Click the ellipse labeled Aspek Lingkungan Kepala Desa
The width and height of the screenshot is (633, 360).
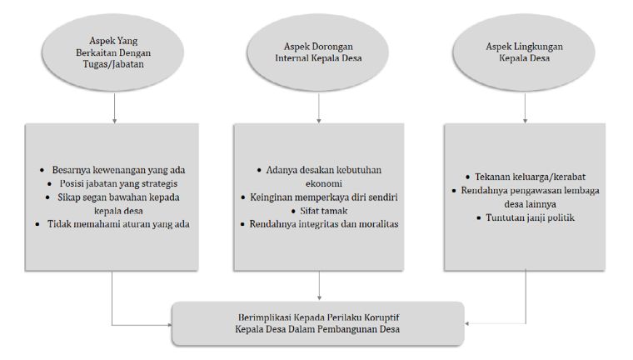point(524,52)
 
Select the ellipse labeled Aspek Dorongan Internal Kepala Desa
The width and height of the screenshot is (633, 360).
point(318,52)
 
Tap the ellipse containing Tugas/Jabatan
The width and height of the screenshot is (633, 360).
point(113,52)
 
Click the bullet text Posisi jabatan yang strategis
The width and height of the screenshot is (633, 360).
point(118,183)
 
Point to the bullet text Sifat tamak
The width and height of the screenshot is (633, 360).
point(324,211)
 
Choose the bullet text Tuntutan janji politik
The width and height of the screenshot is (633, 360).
point(530,217)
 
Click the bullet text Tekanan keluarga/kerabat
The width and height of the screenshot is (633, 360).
point(530,177)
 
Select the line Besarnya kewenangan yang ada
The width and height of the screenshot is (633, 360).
point(118,170)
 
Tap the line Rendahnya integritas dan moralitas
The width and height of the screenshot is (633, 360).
point(324,224)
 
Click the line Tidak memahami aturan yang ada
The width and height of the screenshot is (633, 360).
point(118,224)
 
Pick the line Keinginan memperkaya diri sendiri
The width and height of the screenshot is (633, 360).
point(324,197)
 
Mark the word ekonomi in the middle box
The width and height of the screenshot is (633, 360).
point(324,183)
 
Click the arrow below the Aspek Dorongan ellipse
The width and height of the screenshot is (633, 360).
point(319,108)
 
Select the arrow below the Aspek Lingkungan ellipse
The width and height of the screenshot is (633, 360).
point(525,108)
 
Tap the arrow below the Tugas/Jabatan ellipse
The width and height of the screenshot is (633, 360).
point(115,108)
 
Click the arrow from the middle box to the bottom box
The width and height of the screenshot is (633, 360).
point(319,285)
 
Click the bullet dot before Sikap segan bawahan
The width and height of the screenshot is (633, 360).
point(48,197)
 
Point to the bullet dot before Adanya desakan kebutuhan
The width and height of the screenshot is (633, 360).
point(259,171)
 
